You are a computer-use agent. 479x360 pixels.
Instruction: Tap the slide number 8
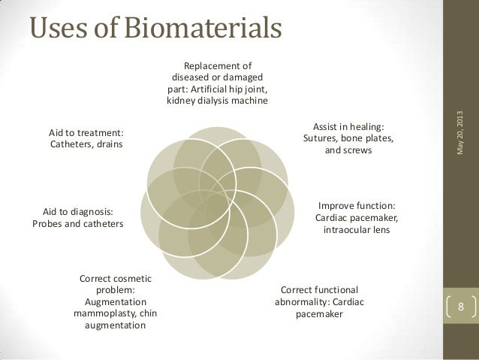pyautogui.click(x=461, y=307)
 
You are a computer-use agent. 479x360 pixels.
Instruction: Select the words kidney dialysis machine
pyautogui.click(x=218, y=101)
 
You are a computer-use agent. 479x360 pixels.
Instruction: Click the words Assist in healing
pyautogui.click(x=348, y=126)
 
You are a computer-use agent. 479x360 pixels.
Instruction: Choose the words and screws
pyautogui.click(x=347, y=151)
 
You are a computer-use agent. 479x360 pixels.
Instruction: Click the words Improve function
pyautogui.click(x=357, y=206)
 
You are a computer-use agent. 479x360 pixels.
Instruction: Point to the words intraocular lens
pyautogui.click(x=357, y=230)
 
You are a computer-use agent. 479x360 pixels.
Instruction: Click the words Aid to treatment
pyautogui.click(x=86, y=132)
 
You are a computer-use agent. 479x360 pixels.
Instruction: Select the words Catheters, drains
pyautogui.click(x=86, y=144)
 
